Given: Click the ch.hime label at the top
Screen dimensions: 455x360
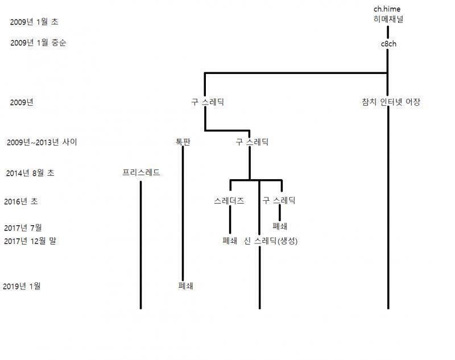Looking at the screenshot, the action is pyautogui.click(x=387, y=9).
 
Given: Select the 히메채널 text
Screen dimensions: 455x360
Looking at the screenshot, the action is pyautogui.click(x=388, y=19).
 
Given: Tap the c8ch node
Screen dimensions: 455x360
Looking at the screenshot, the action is pyautogui.click(x=388, y=44).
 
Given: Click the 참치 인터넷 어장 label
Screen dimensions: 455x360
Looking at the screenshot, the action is pyautogui.click(x=391, y=102).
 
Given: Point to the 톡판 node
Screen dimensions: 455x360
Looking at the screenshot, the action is pyautogui.click(x=183, y=142).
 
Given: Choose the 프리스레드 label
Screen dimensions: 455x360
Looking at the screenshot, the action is pyautogui.click(x=141, y=172).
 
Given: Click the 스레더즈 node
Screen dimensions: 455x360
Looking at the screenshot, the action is pyautogui.click(x=229, y=201).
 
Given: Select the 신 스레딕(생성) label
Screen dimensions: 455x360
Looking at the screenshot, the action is pyautogui.click(x=271, y=241).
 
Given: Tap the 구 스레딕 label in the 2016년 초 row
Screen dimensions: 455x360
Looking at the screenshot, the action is pyautogui.click(x=279, y=200).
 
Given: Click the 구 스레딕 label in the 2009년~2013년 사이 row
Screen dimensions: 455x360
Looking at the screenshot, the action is pyautogui.click(x=252, y=142).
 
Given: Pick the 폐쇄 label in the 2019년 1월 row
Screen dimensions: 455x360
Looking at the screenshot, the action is pyautogui.click(x=186, y=286).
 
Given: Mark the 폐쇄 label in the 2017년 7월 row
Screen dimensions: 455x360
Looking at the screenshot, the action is pyautogui.click(x=280, y=226).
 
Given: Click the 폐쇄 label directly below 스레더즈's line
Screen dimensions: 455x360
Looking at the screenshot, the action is pyautogui.click(x=230, y=241).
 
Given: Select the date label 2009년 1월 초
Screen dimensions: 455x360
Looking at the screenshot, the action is pyautogui.click(x=34, y=22).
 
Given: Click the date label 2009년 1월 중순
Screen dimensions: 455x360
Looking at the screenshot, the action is pyautogui.click(x=38, y=43).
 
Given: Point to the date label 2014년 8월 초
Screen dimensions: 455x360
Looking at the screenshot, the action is pyautogui.click(x=30, y=173).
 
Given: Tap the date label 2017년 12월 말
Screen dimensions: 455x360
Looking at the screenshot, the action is pyautogui.click(x=30, y=241).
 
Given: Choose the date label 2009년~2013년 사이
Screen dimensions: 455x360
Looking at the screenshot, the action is pyautogui.click(x=42, y=142).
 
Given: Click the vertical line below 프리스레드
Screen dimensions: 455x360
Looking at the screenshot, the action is pyautogui.click(x=140, y=245).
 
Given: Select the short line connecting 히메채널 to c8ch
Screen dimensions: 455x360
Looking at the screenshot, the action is pyautogui.click(x=388, y=32).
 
